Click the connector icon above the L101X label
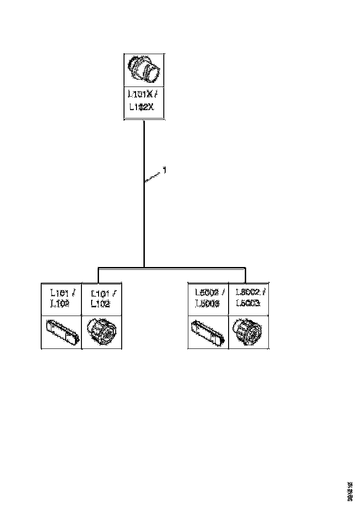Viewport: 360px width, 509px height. (144, 70)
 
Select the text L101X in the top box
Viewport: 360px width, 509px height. (140, 95)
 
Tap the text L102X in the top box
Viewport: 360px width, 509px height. (141, 107)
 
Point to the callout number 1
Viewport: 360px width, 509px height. (164, 171)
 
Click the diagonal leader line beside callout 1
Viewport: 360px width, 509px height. (153, 178)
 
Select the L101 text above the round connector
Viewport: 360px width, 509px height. (100, 293)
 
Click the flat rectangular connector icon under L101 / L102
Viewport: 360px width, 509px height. (62, 332)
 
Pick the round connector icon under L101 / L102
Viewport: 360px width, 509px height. (101, 332)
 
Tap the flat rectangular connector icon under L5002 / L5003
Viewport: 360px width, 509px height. (209, 332)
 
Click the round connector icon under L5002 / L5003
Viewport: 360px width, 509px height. (248, 332)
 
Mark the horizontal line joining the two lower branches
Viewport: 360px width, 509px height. (185, 267)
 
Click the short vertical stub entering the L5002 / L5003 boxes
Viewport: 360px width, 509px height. (245, 275)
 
